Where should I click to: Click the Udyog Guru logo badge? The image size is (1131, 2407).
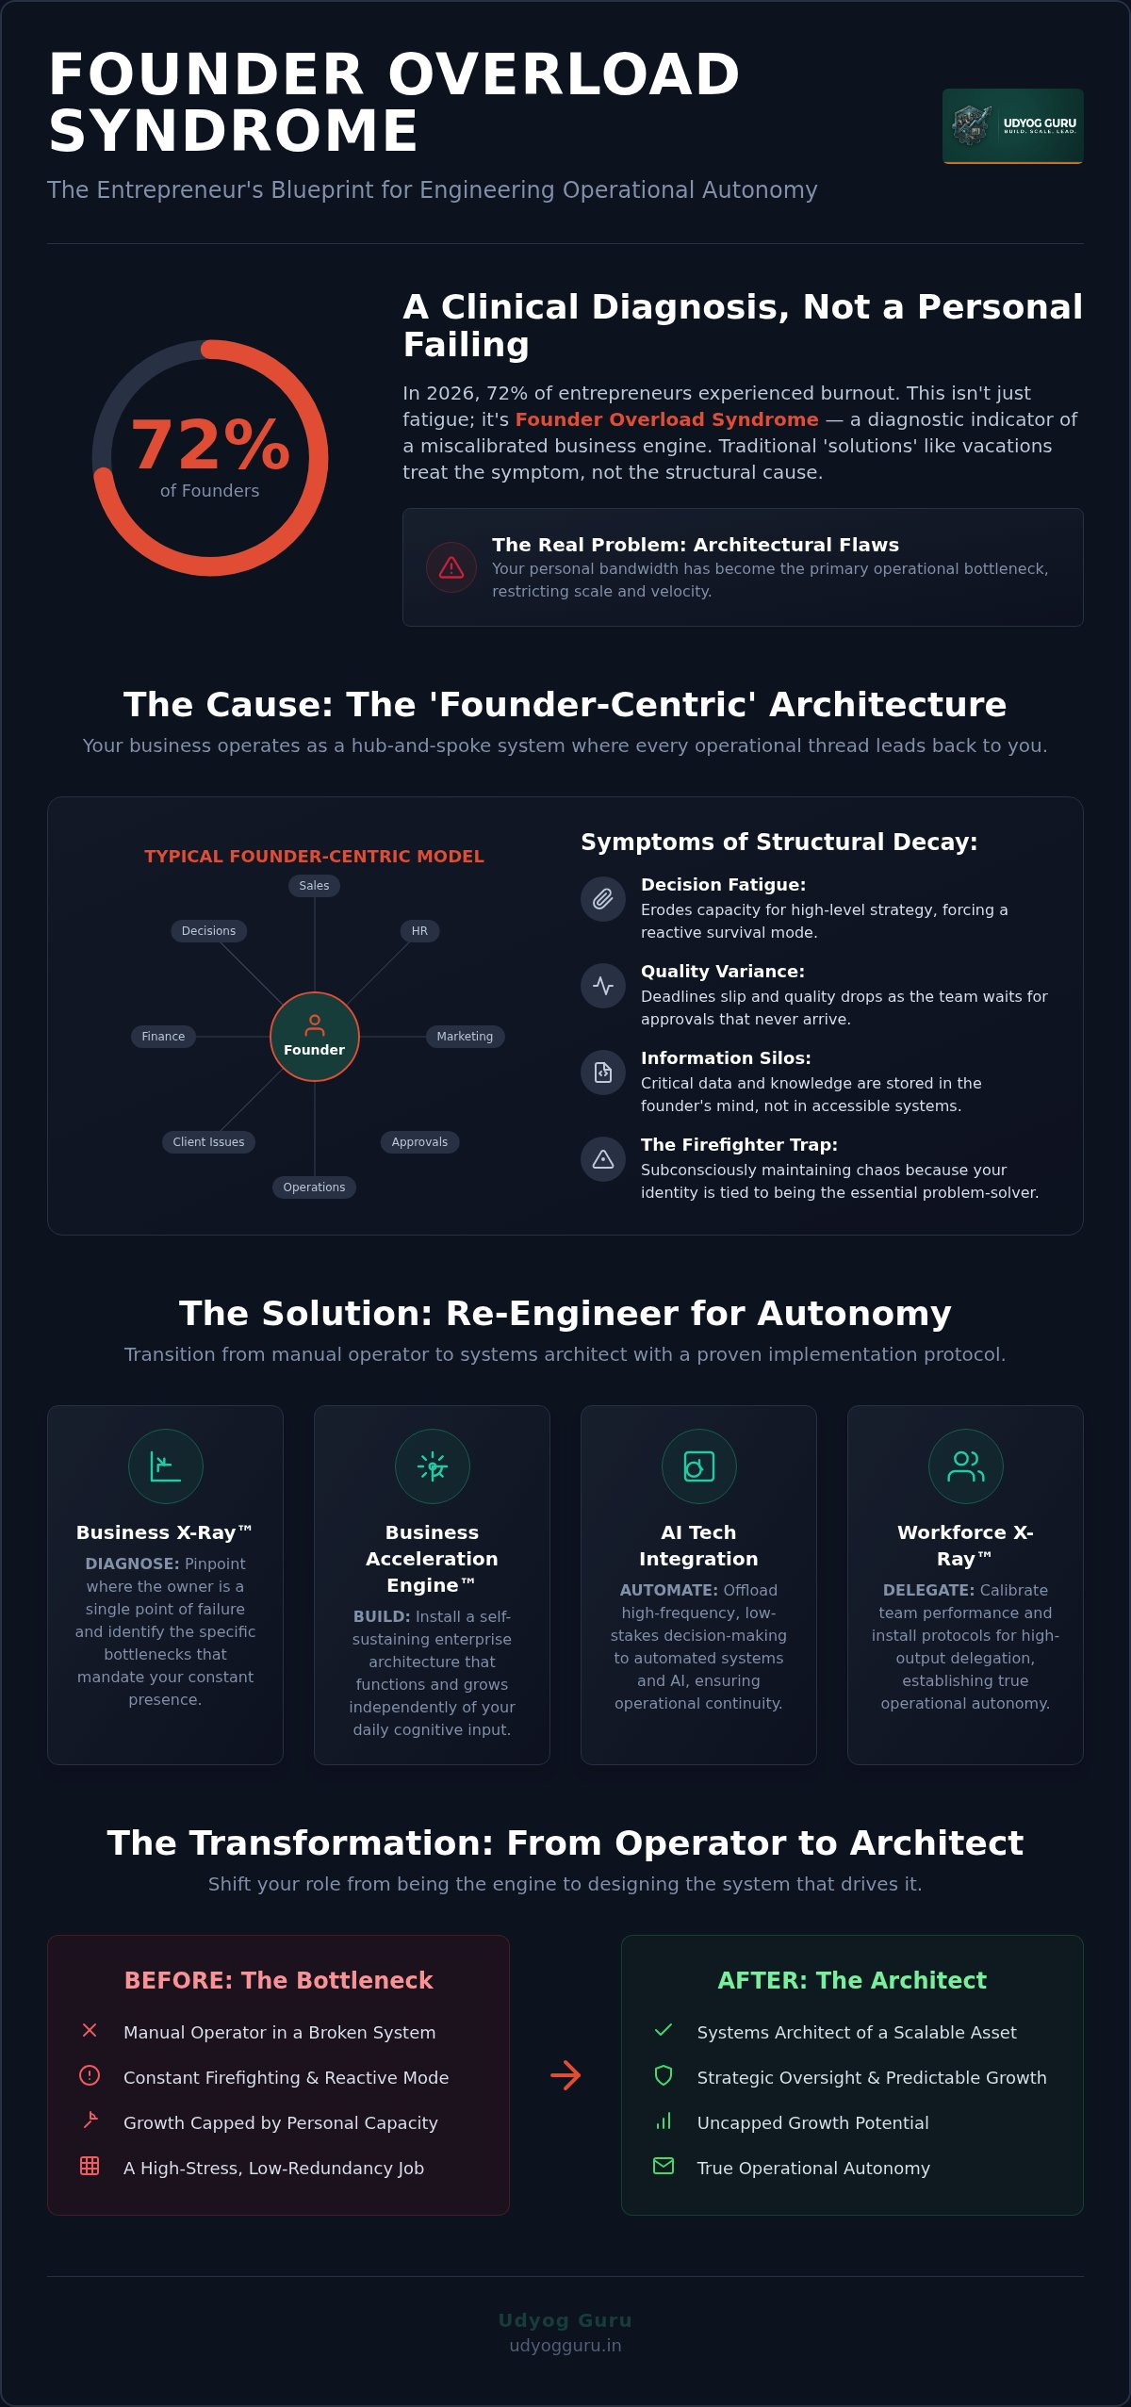(x=1012, y=126)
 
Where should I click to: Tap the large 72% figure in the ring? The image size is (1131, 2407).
(x=210, y=444)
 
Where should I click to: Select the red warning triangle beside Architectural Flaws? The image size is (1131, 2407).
(x=451, y=567)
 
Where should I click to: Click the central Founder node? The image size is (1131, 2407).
(x=315, y=1037)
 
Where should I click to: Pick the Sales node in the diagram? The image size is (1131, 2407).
(x=314, y=886)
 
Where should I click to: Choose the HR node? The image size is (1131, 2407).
(x=419, y=931)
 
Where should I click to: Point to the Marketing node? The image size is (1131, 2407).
(x=465, y=1037)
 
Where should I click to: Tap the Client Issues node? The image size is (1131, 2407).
(x=208, y=1142)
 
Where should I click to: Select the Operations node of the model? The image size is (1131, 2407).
(x=314, y=1187)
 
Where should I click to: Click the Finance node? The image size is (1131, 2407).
(x=163, y=1037)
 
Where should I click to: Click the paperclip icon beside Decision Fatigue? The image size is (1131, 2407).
(x=603, y=899)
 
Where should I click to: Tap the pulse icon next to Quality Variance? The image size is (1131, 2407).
(x=603, y=986)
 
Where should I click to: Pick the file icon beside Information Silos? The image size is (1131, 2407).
(x=603, y=1073)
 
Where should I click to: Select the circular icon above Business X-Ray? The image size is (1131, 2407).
(x=166, y=1466)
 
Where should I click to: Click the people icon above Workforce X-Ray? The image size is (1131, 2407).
(x=966, y=1466)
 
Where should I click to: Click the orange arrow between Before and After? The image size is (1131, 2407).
(x=565, y=2075)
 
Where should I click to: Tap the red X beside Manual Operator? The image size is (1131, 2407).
(x=90, y=2030)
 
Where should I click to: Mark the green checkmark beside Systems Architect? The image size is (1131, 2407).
(x=664, y=2030)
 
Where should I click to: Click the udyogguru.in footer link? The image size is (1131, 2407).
(x=565, y=2346)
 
